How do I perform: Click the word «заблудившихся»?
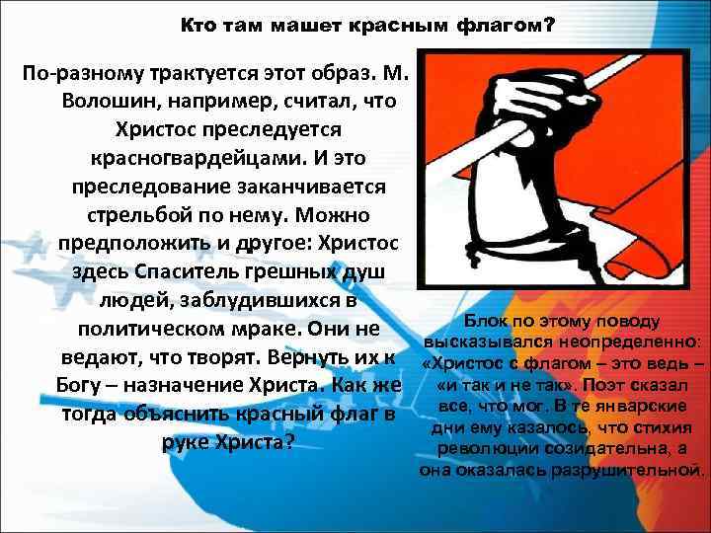pyautogui.click(x=255, y=299)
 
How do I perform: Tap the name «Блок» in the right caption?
pyautogui.click(x=486, y=321)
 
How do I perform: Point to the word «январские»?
pyautogui.click(x=652, y=406)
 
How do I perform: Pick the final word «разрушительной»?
pyautogui.click(x=643, y=470)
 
